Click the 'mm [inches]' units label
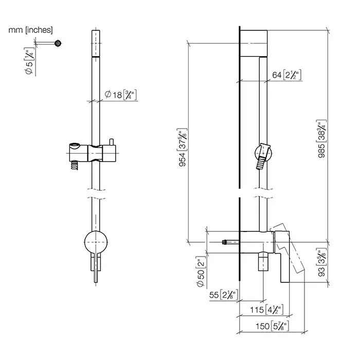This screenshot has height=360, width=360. [x=30, y=30]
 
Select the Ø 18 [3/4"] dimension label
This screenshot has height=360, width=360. [x=120, y=95]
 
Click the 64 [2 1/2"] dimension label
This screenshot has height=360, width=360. [x=286, y=76]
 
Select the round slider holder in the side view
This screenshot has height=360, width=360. [x=262, y=153]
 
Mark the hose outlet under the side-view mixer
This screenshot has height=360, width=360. [x=263, y=263]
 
